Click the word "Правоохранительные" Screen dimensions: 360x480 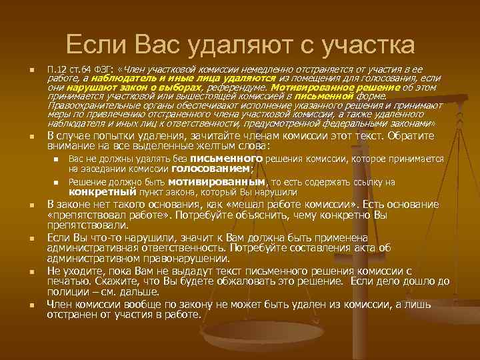click(92, 105)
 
